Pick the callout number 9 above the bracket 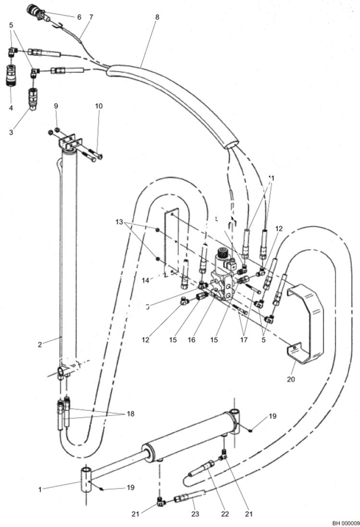56,106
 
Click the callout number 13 120,223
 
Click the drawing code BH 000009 345,523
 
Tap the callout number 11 273,178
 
